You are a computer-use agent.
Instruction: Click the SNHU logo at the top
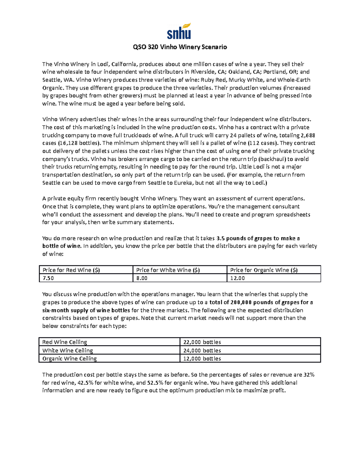click(x=179, y=32)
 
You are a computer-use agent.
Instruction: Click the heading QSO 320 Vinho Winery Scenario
click(x=180, y=47)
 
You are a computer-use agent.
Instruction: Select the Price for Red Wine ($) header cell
click(x=71, y=270)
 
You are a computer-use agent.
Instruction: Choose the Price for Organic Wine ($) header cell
click(x=264, y=270)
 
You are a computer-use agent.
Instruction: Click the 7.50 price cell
click(x=48, y=278)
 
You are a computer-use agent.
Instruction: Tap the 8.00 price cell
click(x=142, y=278)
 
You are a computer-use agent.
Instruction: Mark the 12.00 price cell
click(x=237, y=278)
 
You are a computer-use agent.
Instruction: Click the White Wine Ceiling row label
click(x=68, y=350)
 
